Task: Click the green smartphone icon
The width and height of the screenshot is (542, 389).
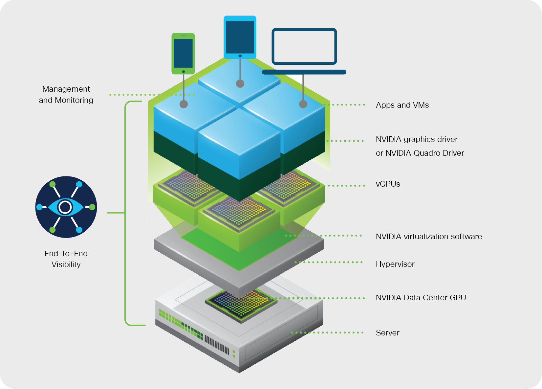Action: click(183, 53)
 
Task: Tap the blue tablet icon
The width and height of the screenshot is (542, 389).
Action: click(240, 37)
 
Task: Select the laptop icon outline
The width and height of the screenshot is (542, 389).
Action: click(304, 46)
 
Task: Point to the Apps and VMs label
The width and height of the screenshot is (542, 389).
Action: click(402, 105)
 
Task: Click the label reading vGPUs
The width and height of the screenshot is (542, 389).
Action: click(388, 184)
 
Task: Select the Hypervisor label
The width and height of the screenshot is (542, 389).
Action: click(395, 264)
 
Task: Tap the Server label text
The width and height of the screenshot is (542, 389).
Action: click(387, 333)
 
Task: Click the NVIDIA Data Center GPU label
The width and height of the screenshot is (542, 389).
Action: click(421, 298)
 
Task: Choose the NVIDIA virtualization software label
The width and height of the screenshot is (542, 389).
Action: click(429, 237)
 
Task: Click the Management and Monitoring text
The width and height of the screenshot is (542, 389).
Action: click(66, 95)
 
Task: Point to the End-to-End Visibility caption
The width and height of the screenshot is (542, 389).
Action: click(66, 259)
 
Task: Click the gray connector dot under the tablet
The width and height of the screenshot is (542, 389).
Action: click(240, 83)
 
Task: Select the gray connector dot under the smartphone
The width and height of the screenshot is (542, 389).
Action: click(184, 104)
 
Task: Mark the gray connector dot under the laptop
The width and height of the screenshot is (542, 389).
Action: click(303, 104)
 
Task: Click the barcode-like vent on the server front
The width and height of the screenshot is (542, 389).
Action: click(217, 344)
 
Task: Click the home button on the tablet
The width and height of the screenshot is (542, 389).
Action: click(240, 56)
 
